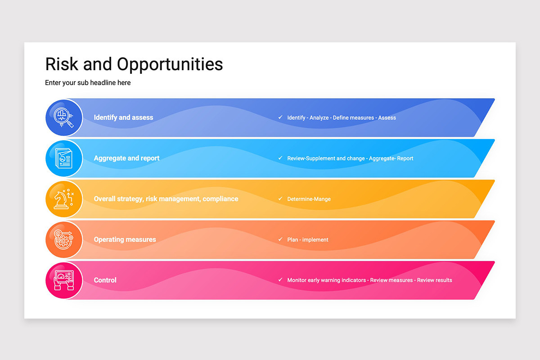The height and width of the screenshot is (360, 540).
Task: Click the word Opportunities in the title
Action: click(x=170, y=65)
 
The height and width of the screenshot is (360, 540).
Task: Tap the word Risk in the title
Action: click(x=62, y=64)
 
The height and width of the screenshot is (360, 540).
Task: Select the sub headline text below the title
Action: click(x=88, y=83)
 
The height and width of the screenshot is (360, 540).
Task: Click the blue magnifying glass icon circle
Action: click(x=64, y=117)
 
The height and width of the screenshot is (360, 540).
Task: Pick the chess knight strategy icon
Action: click(x=64, y=199)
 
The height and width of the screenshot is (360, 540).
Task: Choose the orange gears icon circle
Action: click(x=64, y=240)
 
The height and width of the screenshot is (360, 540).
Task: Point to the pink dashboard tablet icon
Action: click(x=64, y=280)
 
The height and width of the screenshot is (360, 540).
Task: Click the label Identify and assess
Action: click(x=123, y=117)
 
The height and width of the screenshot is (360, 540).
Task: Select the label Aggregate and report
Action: click(x=126, y=158)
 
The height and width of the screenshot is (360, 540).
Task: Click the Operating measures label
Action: click(x=125, y=239)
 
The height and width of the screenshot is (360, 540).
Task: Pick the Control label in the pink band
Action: click(x=105, y=280)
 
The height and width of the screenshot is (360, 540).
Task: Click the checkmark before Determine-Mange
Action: click(x=280, y=199)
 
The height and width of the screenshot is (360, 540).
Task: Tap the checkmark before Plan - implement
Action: click(x=280, y=239)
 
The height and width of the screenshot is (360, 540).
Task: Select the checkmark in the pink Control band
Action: click(x=280, y=280)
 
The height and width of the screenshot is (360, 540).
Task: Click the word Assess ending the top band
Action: click(x=387, y=117)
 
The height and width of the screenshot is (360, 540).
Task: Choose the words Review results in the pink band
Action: click(x=434, y=280)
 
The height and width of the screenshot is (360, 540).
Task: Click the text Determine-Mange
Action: click(x=309, y=199)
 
